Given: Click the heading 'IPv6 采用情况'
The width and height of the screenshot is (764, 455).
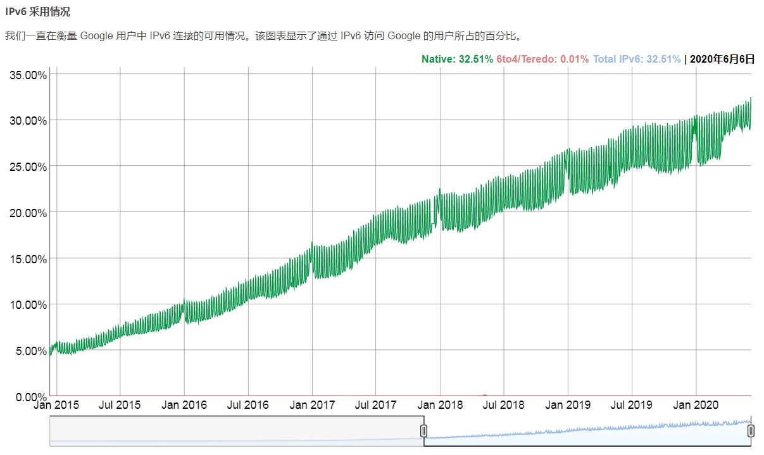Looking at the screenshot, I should [x=37, y=11].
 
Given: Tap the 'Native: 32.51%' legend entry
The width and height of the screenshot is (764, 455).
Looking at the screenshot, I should [x=457, y=59].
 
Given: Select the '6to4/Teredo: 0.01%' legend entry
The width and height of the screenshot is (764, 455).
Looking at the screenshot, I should [x=542, y=59].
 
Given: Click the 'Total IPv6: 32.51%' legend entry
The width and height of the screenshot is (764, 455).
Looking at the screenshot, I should [x=637, y=59].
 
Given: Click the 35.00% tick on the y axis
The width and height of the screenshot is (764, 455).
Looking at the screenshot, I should [x=28, y=75].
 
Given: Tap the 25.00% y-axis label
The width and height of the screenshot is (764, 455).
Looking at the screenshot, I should [x=28, y=166].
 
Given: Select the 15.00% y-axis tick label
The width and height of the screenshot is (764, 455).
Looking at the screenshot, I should [x=28, y=259].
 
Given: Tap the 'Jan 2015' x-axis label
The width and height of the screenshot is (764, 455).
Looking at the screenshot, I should [x=56, y=405].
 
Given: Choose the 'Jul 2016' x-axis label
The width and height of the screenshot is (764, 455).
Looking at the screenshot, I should [x=247, y=405].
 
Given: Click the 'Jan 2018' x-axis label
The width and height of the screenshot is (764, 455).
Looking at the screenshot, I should [x=440, y=405].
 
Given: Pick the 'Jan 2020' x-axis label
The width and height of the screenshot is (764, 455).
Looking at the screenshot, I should [x=696, y=405].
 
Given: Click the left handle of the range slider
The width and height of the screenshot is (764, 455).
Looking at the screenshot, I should [x=423, y=431].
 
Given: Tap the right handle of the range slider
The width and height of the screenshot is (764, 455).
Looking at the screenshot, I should [x=751, y=431].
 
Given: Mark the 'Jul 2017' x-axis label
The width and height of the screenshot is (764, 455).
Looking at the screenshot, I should [x=375, y=405].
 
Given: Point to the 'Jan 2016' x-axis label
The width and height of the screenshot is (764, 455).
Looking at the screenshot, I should [x=184, y=405].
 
